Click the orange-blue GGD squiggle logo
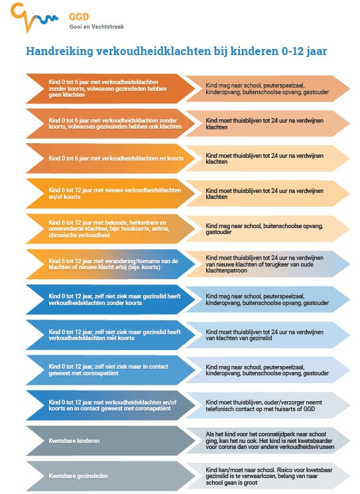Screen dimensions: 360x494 [34, 17]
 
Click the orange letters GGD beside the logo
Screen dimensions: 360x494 [79, 17]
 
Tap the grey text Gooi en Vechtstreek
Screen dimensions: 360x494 [97, 27]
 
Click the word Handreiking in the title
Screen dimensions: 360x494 [59, 51]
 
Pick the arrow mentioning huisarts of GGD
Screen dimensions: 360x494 [268, 405]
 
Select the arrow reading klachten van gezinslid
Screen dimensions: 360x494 [268, 335]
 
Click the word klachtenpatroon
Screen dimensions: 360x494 [227, 271]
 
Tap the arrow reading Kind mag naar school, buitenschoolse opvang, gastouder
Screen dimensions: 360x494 [268, 229]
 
